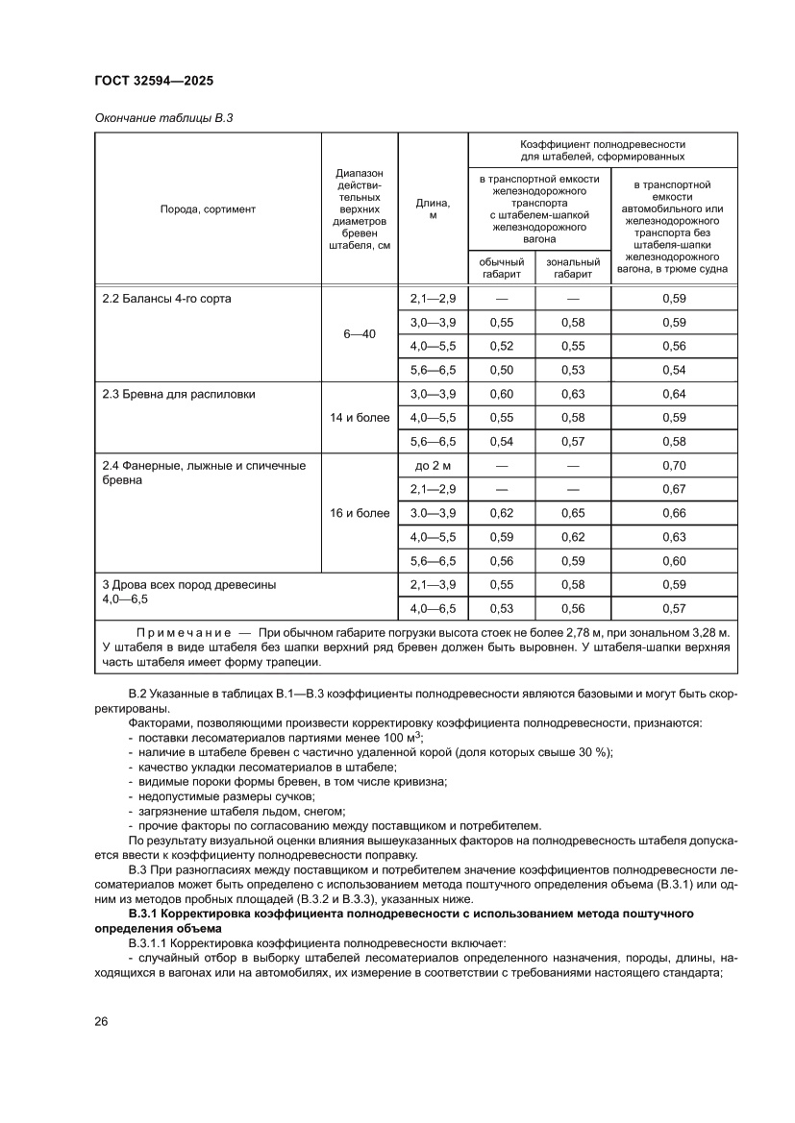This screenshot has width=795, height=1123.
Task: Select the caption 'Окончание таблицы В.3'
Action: pos(163,118)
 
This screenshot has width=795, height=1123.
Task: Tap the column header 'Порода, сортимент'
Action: pos(208,208)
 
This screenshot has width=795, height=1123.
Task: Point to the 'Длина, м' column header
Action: pos(433,208)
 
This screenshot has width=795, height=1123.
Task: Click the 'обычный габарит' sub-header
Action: pos(502,268)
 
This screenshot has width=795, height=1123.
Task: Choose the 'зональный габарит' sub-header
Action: pos(573,268)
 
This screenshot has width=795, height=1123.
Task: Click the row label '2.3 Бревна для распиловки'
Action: pos(179,394)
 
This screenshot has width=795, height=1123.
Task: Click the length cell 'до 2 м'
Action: pos(433,466)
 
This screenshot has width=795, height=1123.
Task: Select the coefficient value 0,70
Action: pos(674,466)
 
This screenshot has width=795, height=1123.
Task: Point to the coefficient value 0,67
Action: pos(674,489)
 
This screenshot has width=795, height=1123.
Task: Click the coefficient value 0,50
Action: pos(502,370)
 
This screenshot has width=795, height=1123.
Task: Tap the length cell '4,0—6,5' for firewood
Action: pos(433,608)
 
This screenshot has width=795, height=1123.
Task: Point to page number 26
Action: pos(101,1021)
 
